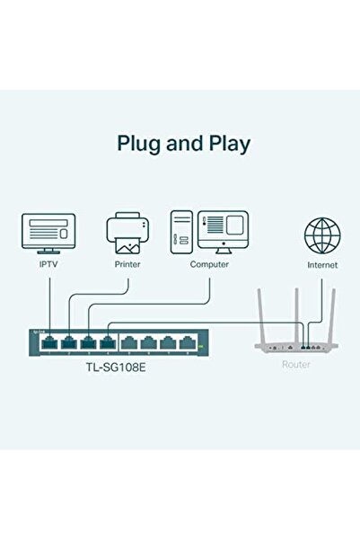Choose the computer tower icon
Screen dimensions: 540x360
click(x=180, y=233)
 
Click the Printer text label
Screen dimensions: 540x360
click(x=127, y=264)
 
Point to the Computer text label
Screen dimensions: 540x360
click(x=209, y=264)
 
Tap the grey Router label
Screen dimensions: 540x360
click(x=295, y=363)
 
